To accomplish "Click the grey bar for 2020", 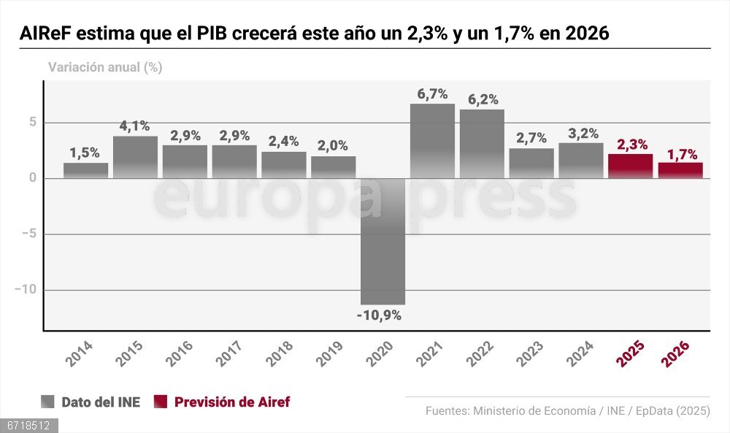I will pos(383,241).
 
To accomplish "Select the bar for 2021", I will pos(432,141).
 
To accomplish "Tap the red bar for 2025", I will pos(630,166).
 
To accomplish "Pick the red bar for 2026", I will pos(680,170).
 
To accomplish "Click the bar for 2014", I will pos(85,170).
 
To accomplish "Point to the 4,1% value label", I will pos(135,126).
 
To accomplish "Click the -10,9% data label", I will pos(380,315).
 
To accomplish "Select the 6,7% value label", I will pos(432,93).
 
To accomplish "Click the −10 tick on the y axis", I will pos(25,290).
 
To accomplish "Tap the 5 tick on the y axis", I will pos(32,123).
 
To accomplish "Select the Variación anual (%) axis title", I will pos(105,67).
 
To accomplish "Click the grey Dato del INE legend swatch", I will pos(48,402).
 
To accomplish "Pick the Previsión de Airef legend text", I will pos(232,402).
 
